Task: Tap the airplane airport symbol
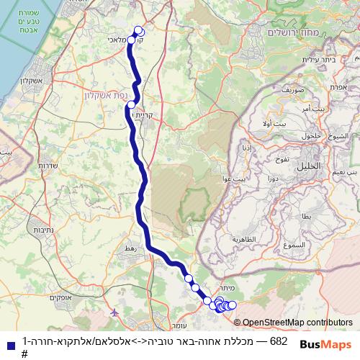[x=116, y=312]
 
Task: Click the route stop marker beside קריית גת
[x=131, y=105]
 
